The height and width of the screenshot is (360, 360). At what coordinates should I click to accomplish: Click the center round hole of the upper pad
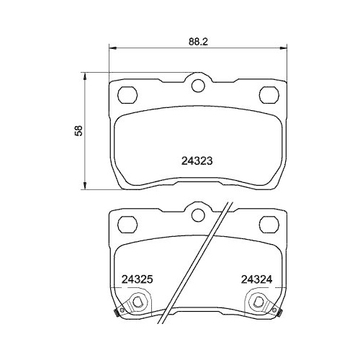point(198,87)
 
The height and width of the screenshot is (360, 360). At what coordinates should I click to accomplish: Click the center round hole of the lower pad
point(198,212)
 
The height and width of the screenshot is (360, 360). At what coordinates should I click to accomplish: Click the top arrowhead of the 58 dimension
point(86,75)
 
